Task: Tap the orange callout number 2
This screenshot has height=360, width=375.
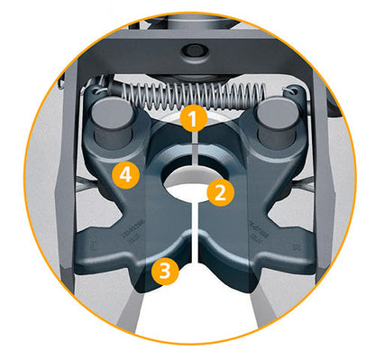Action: [217, 191]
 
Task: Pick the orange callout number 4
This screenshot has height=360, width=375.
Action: [128, 175]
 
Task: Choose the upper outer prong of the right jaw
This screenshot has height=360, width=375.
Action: [302, 185]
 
